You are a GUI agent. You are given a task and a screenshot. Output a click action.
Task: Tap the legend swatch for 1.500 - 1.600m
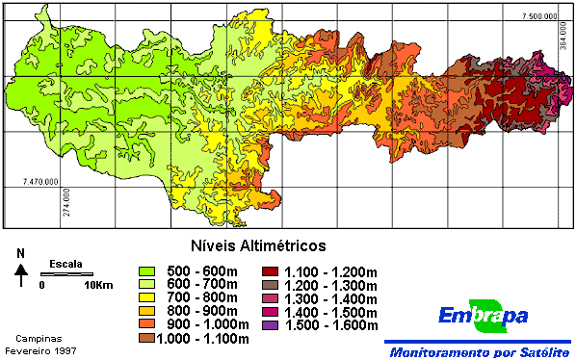271,325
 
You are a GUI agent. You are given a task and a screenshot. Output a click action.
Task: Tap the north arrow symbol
20,275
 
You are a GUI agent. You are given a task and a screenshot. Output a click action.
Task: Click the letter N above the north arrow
20,255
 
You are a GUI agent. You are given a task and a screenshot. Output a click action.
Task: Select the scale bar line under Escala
66,274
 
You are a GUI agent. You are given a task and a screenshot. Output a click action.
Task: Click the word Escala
66,264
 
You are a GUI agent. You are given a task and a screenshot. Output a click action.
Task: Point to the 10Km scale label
99,286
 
